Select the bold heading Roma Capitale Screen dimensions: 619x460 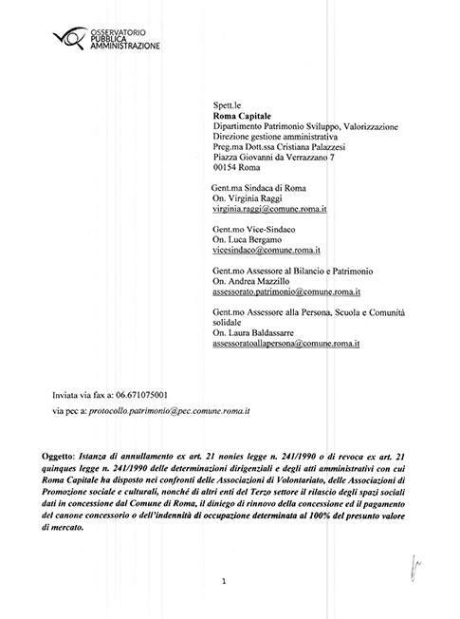[242, 116]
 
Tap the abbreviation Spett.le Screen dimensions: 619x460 [227, 105]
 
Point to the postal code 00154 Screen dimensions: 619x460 [229, 167]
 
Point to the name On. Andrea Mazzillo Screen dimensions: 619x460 [257, 282]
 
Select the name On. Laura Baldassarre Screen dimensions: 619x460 [261, 333]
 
